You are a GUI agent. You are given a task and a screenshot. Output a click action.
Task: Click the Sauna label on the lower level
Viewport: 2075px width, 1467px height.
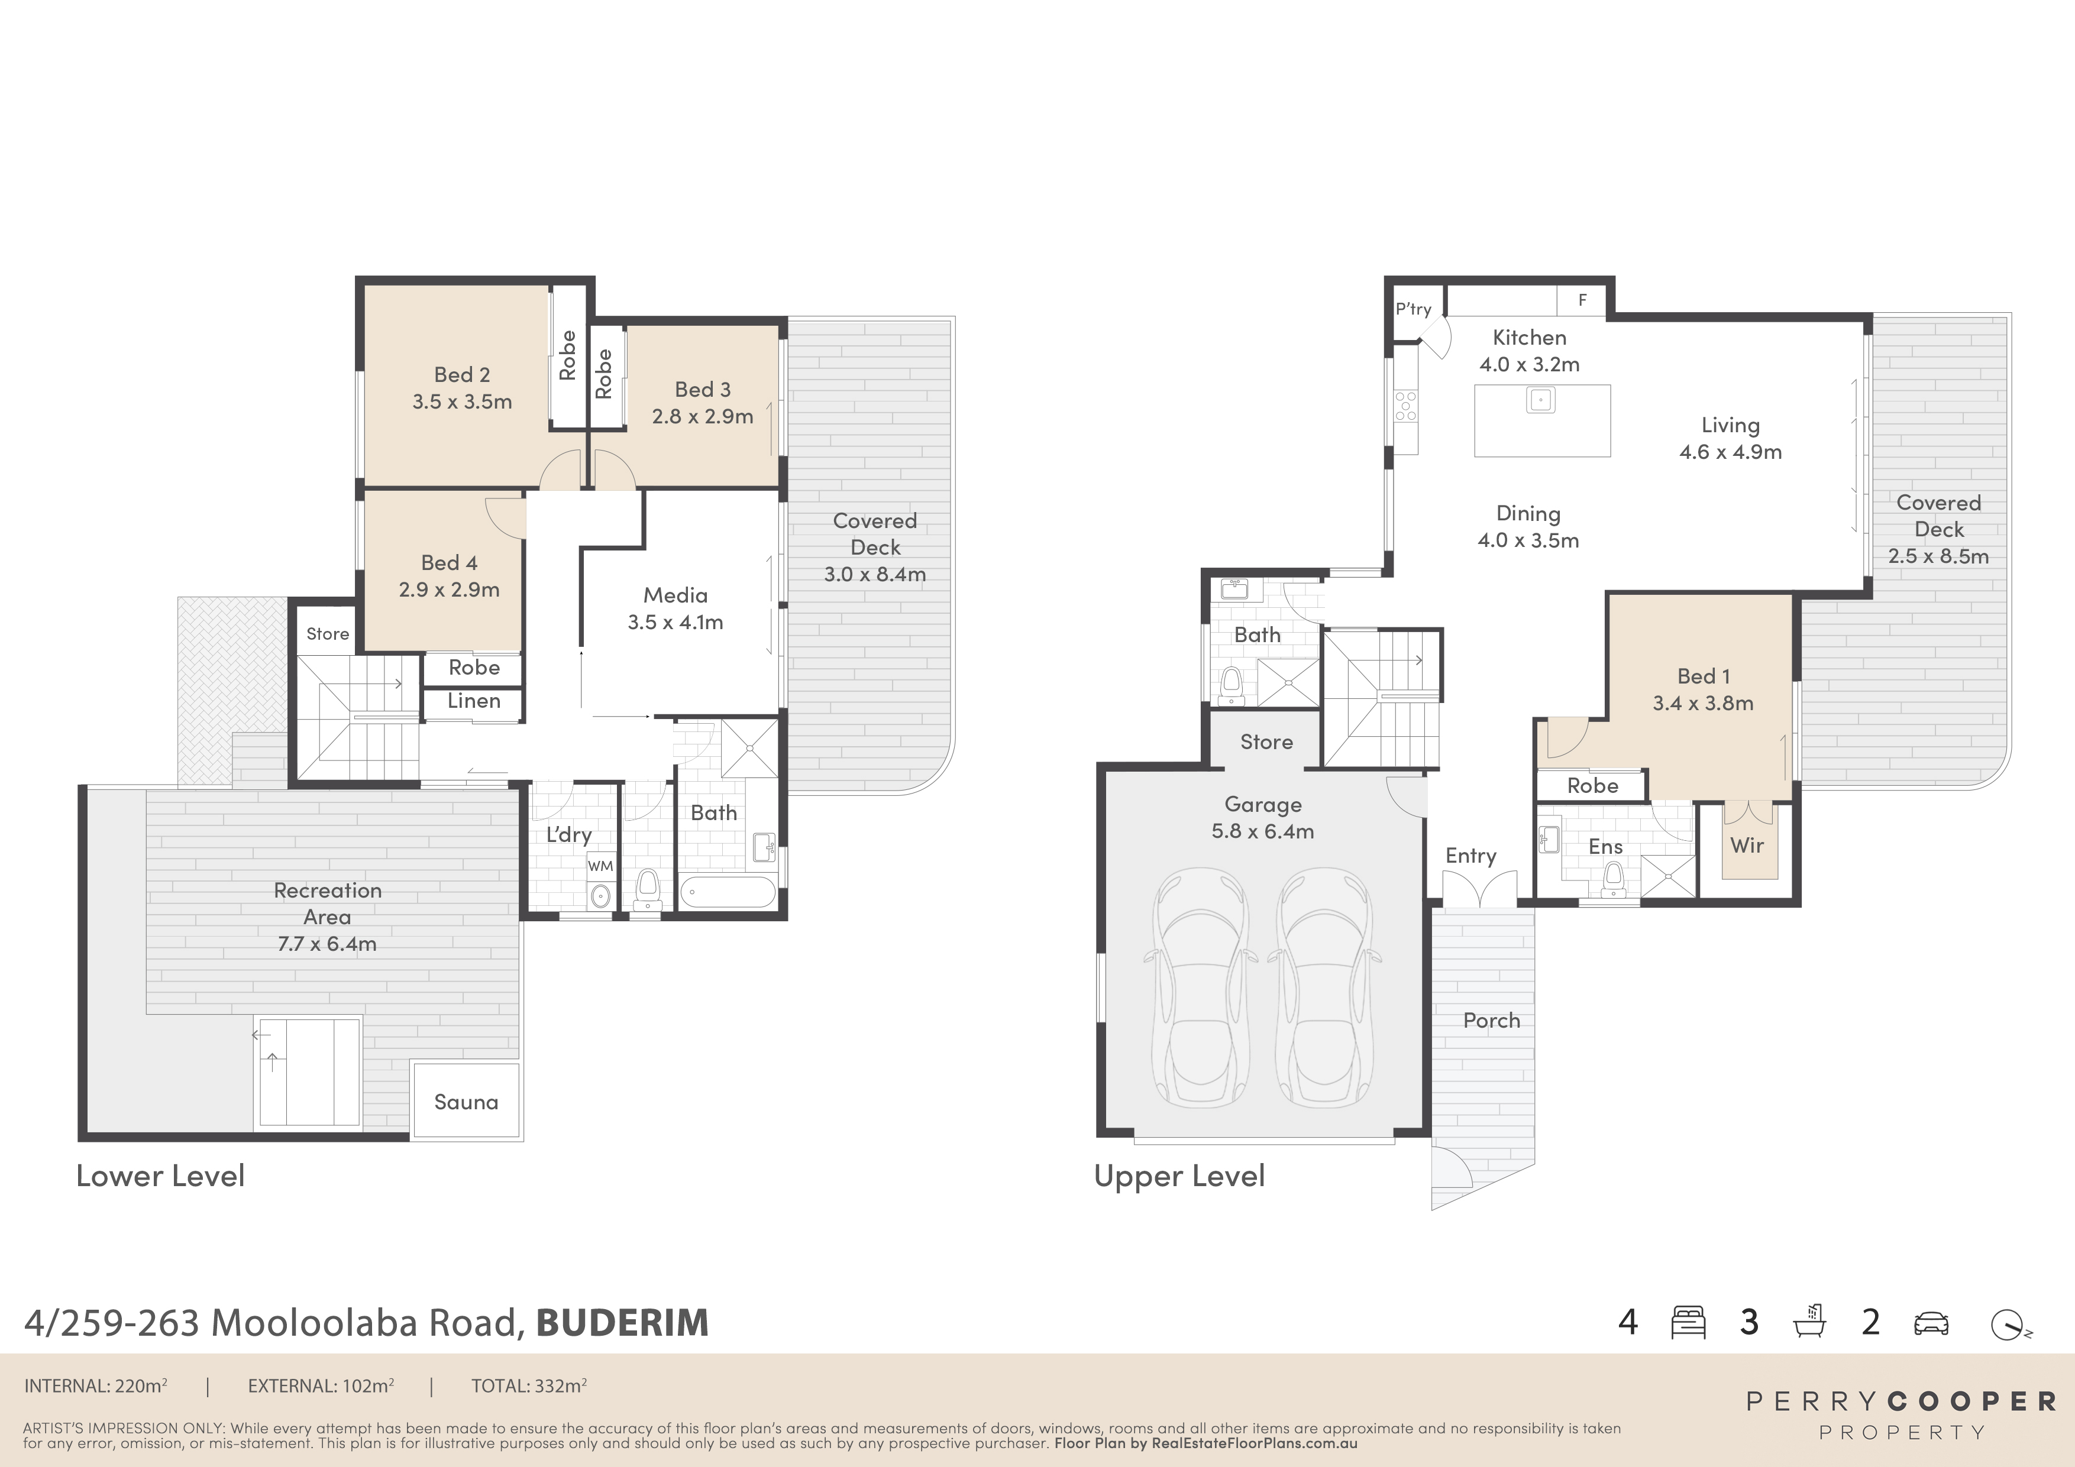pos(466,1102)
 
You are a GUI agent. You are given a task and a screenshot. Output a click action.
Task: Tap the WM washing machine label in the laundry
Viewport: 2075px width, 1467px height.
pos(600,866)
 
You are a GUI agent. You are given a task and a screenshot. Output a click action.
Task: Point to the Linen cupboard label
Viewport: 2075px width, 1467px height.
pos(474,701)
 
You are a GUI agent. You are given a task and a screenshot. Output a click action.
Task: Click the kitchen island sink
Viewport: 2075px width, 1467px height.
pos(1541,399)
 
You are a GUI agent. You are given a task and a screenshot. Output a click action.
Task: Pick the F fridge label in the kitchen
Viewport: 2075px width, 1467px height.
pos(1582,300)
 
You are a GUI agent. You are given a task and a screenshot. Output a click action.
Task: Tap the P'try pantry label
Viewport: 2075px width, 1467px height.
pos(1414,309)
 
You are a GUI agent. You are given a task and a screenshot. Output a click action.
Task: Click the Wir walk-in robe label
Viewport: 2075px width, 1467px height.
pos(1746,846)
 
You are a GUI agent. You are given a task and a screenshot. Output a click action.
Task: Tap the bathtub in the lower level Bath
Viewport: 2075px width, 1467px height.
pos(728,892)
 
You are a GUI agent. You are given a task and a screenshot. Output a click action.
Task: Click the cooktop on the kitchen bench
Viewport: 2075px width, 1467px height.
pos(1405,406)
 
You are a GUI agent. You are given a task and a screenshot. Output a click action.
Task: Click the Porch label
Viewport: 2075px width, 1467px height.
pos(1491,1021)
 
